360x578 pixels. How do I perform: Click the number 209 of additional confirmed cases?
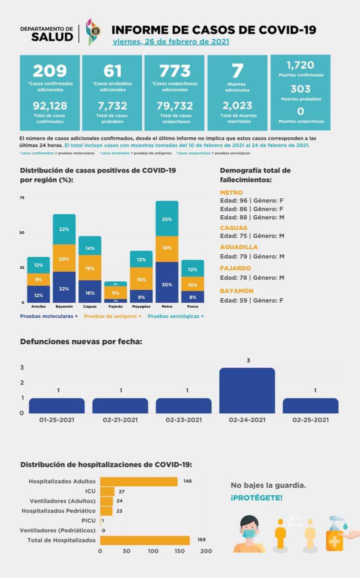point(50,70)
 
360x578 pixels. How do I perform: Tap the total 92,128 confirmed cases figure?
point(50,106)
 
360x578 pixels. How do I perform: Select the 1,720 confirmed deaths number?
point(300,65)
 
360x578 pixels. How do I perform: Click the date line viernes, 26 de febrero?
point(171,41)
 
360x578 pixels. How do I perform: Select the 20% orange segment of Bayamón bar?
point(64,258)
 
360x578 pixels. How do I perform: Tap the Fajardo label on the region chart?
point(115,306)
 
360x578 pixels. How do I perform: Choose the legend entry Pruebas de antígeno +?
point(112,316)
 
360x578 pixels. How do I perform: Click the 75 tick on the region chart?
point(22,198)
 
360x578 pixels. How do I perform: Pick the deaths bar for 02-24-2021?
point(247,391)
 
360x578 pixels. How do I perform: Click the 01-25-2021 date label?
point(56,420)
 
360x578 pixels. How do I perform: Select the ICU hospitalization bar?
point(107,492)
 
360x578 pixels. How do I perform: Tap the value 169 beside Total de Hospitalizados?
point(201,540)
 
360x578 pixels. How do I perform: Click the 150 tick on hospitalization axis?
point(179,551)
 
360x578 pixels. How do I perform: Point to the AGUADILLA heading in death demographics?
point(239,247)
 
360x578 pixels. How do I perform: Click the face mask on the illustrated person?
point(249,533)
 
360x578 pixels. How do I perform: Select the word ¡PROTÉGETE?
point(256,498)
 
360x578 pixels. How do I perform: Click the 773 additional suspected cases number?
point(175,70)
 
